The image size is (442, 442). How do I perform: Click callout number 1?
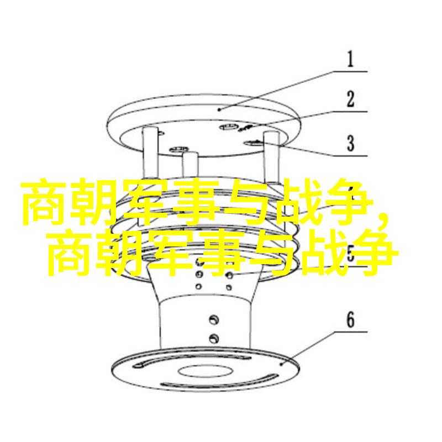(350, 59)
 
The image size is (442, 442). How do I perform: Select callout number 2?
(350, 99)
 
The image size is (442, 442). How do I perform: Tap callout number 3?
(350, 143)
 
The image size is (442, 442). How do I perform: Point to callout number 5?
(350, 253)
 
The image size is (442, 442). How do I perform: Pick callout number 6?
(350, 320)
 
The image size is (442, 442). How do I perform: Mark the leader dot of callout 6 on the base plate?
(281, 364)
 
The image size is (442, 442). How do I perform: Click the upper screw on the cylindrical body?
(214, 320)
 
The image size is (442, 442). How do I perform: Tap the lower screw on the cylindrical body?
(214, 338)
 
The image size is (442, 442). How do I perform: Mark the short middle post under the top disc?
(191, 165)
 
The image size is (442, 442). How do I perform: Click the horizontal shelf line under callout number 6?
(351, 332)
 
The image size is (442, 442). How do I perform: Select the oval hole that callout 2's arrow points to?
(229, 127)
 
